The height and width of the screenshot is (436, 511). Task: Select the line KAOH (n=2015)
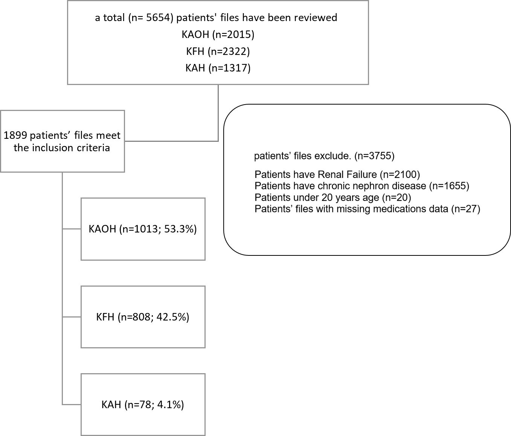point(218,35)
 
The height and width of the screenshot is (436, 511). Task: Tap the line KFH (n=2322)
point(218,52)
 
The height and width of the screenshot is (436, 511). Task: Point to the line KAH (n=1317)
point(218,68)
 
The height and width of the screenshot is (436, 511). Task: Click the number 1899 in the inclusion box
point(15,135)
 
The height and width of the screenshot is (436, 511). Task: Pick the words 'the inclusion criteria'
point(62,148)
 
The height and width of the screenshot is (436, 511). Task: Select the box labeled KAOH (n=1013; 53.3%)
point(143,229)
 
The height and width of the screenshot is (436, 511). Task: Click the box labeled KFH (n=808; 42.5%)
point(143,317)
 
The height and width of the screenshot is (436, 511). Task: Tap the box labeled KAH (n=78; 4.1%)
point(143,405)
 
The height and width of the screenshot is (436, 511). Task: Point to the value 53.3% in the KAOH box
point(178,229)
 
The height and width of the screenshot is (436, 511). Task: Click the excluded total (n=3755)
point(374,156)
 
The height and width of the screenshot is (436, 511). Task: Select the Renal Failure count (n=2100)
point(400,175)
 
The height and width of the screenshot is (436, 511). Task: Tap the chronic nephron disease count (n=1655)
point(449,186)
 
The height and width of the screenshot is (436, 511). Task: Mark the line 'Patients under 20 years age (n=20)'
point(333,197)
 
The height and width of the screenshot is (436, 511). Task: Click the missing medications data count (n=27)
point(466,209)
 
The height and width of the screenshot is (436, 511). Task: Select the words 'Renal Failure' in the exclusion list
point(347,175)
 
